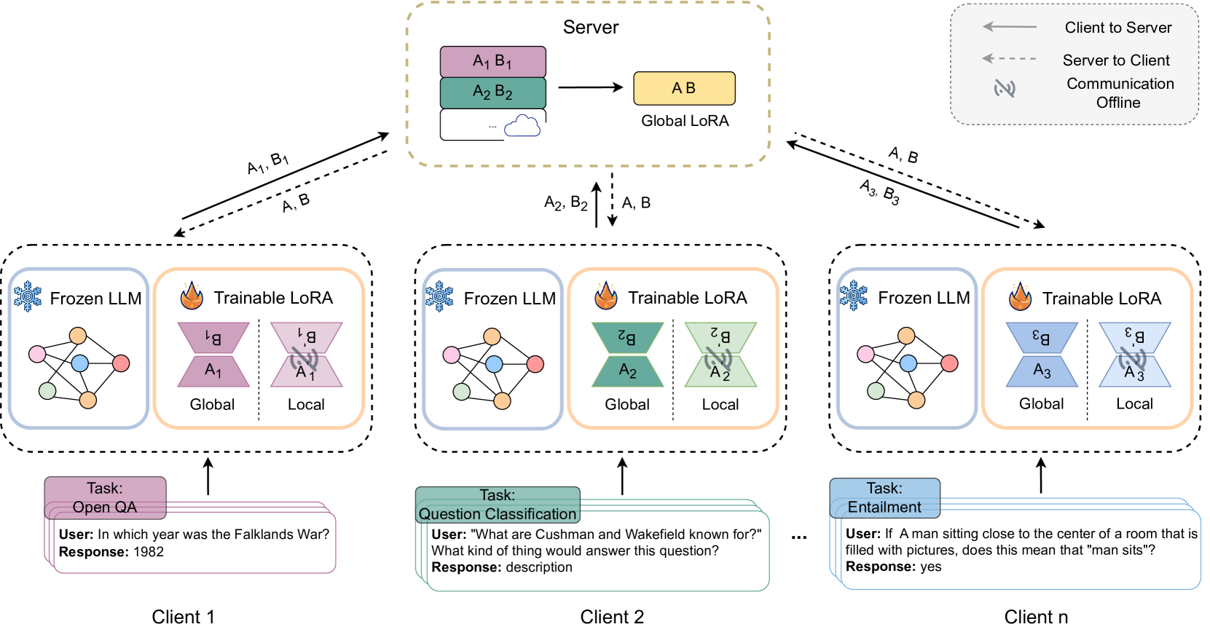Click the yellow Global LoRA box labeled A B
pos(684,88)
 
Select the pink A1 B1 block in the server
pos(492,62)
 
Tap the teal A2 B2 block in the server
pos(492,92)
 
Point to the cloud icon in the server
pos(522,126)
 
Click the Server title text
pos(590,27)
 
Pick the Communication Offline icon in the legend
pos(1004,88)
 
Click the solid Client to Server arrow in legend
pos(1009,26)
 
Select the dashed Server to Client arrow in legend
pos(1009,58)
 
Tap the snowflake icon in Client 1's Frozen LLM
pos(28,296)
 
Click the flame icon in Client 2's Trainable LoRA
pos(606,296)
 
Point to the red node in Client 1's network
pos(121,363)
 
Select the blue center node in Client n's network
pos(908,363)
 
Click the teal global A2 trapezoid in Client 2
pos(628,371)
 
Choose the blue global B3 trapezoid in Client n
pos(1042,338)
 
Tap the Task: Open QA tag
pos(106,498)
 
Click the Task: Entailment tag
pos(885,498)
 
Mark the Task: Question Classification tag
pos(498,505)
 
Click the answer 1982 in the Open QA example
pos(149,552)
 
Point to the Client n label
pos(1035,617)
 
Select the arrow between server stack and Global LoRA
pos(590,87)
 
